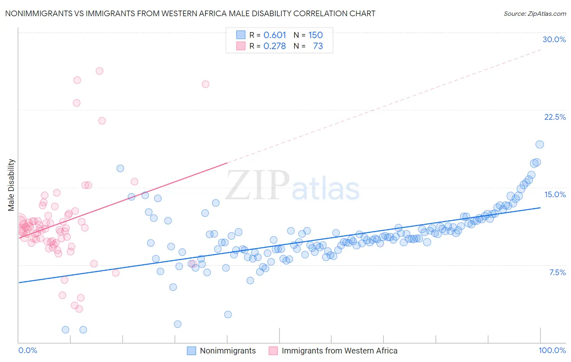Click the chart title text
click(190, 13)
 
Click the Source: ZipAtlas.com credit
click(534, 13)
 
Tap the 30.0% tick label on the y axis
click(554, 39)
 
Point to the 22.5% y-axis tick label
click(555, 117)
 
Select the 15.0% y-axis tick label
click(555, 194)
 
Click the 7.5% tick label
click(557, 272)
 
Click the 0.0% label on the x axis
click(28, 350)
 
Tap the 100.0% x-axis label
click(552, 350)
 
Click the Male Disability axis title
click(11, 185)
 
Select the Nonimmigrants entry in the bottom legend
click(227, 351)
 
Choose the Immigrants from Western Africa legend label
click(339, 351)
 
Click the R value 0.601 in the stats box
click(275, 35)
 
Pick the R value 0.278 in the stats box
click(275, 46)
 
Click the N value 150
click(315, 35)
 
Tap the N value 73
click(318, 46)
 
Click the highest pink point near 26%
click(99, 71)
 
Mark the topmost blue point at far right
click(539, 144)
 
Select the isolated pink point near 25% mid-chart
click(205, 84)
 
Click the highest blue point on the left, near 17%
click(120, 168)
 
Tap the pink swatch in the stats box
click(241, 46)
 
